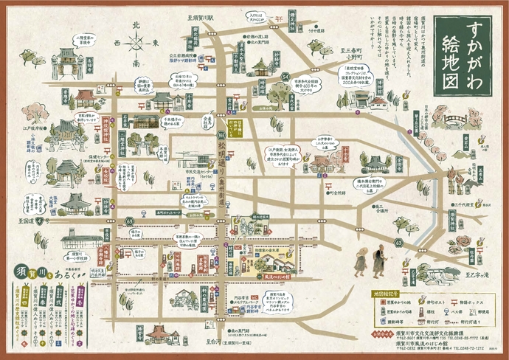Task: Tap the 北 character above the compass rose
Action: click(135, 25)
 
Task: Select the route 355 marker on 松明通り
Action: click(221, 136)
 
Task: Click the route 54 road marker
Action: click(284, 76)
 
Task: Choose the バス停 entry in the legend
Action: click(450, 311)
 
